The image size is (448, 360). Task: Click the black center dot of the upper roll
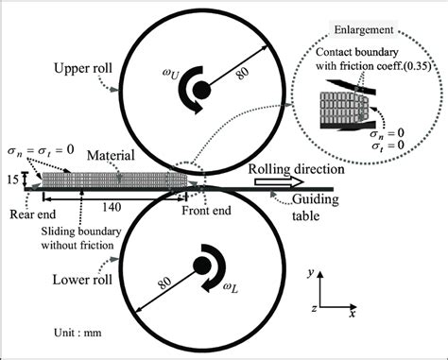(x=201, y=92)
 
